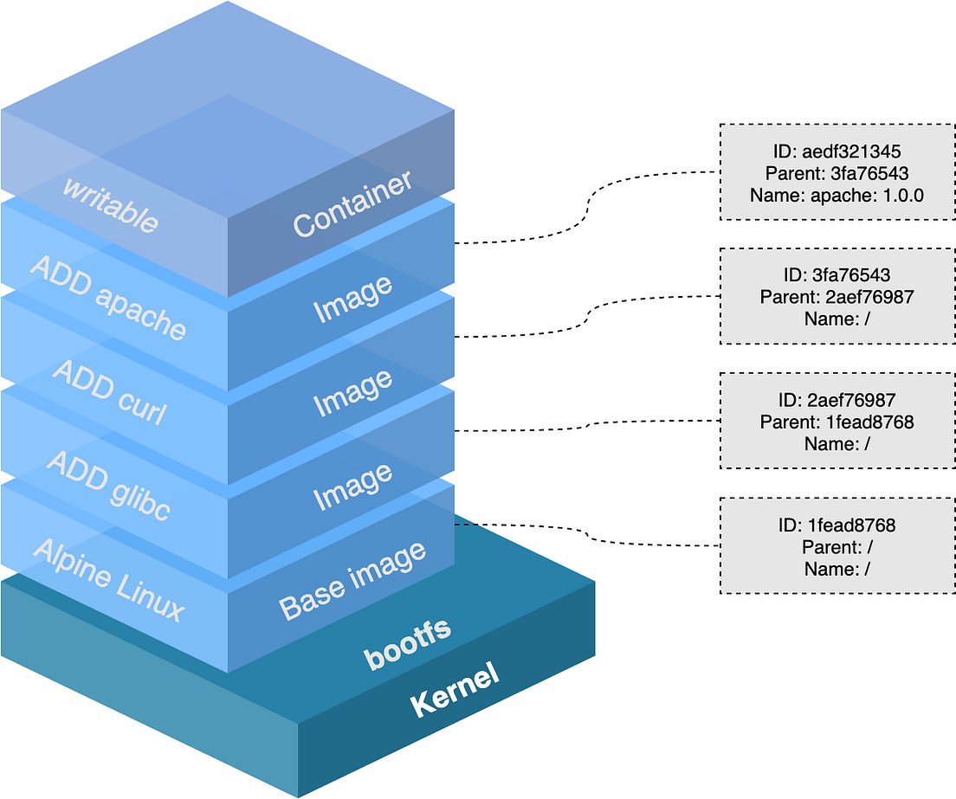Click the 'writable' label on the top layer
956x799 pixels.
(110, 204)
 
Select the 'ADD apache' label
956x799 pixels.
(108, 297)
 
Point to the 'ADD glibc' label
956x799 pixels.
(108, 486)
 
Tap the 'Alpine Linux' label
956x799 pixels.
(109, 579)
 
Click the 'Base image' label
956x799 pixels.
(352, 581)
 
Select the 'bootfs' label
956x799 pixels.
(408, 643)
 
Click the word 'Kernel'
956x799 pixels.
(455, 690)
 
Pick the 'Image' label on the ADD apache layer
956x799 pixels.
(352, 299)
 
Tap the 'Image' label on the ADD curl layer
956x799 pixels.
(352, 392)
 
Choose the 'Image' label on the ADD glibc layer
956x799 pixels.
(352, 486)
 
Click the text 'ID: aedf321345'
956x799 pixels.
(836, 150)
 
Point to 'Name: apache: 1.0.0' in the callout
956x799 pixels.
(836, 195)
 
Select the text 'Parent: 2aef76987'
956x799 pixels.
(836, 297)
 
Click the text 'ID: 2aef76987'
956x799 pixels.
(836, 400)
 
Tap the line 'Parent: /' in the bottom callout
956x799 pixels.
(836, 547)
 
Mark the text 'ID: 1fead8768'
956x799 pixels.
(836, 525)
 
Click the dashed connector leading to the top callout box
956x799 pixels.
(589, 208)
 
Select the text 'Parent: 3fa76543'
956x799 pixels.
(836, 172)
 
